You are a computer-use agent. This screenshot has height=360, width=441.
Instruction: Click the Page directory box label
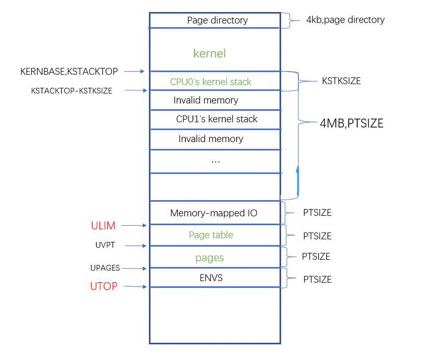[x=217, y=20]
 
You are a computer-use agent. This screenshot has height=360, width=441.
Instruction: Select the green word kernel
[x=210, y=53]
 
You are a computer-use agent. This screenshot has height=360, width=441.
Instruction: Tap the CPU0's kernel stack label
[x=211, y=82]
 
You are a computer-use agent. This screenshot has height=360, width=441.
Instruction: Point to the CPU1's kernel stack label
[x=217, y=119]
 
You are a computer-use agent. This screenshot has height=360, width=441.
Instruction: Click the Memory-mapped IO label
[x=214, y=213]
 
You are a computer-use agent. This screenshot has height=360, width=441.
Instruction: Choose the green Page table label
[x=211, y=235]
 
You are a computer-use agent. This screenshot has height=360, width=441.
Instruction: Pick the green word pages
[x=210, y=258]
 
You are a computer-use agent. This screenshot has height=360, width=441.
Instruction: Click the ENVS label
[x=211, y=278]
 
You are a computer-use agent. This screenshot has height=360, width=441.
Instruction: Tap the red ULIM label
[x=103, y=226]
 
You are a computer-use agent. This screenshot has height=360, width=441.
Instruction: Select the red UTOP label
[x=103, y=286]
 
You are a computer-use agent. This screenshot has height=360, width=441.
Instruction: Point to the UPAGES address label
[x=105, y=268]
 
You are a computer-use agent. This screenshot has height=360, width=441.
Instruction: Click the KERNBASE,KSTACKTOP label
[x=69, y=71]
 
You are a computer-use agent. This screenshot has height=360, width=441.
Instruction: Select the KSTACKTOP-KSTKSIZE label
[x=72, y=90]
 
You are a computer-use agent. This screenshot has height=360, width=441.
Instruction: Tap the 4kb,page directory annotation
[x=345, y=20]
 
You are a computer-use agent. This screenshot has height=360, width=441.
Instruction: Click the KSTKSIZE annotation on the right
[x=341, y=81]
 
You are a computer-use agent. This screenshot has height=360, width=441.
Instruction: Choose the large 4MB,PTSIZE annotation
[x=352, y=124]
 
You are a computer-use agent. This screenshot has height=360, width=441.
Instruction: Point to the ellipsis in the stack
[x=215, y=161]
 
